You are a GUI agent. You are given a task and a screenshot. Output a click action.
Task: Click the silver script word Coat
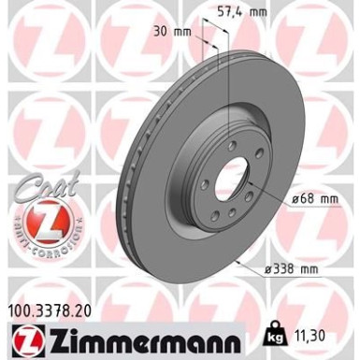pyautogui.click(x=42, y=188)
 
